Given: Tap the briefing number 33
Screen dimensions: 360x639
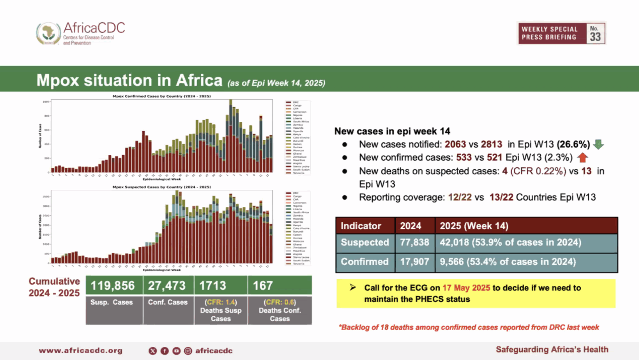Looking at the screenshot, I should (595, 36).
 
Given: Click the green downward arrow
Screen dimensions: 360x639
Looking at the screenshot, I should (598, 144).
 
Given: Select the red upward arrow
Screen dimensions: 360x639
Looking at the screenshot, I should (582, 158).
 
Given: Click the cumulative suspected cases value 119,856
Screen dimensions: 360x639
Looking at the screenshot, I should (113, 286).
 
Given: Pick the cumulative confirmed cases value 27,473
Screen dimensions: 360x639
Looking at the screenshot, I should (167, 286).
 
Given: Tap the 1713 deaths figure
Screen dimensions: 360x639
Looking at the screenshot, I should (213, 286).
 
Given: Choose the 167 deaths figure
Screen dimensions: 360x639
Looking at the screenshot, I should (263, 286).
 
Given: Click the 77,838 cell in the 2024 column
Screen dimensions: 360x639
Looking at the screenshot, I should (414, 242).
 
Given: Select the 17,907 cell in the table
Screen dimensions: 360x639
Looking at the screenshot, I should (414, 262).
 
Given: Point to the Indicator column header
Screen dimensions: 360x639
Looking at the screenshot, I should (361, 226).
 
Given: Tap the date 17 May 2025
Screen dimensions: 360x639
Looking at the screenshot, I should (466, 288).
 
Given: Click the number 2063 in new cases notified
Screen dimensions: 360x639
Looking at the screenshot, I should (455, 144).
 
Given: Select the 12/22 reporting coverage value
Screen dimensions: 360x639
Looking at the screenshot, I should (460, 197).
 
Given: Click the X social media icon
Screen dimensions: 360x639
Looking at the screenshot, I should (153, 351).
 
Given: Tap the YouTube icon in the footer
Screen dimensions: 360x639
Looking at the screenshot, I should (176, 351).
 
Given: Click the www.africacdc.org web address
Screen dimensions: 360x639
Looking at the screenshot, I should (81, 350).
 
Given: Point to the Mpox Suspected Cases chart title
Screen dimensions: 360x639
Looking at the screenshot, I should (161, 187).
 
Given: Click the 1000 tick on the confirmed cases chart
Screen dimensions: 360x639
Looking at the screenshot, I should (46, 102).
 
